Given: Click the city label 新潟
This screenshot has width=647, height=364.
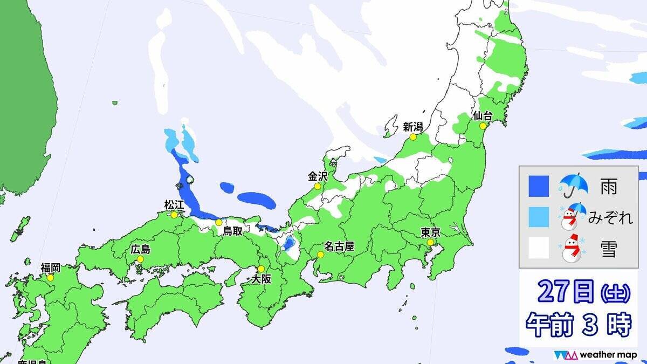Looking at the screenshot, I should tap(413, 127).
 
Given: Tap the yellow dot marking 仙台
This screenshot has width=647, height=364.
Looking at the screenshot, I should tap(480, 126).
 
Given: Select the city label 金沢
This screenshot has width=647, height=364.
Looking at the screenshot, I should tap(318, 176).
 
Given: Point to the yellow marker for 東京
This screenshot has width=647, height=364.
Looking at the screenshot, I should tap(430, 243).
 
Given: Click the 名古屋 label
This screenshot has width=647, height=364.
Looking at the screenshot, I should tap(342, 246).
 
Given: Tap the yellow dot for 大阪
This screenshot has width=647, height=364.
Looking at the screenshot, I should tap(261, 269).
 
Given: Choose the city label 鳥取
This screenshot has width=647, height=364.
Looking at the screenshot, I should tap(236, 231).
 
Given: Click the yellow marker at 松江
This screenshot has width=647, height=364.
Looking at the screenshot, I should tap(174, 215).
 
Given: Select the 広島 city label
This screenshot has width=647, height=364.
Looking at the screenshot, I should tap(140, 250).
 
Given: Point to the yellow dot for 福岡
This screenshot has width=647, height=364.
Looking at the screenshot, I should tap(50, 278).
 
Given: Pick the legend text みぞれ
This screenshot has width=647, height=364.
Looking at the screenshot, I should tap(609, 218).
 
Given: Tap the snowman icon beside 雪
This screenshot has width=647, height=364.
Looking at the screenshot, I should tap(573, 249).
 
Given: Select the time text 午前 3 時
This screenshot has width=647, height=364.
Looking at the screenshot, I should tap(578, 325).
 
